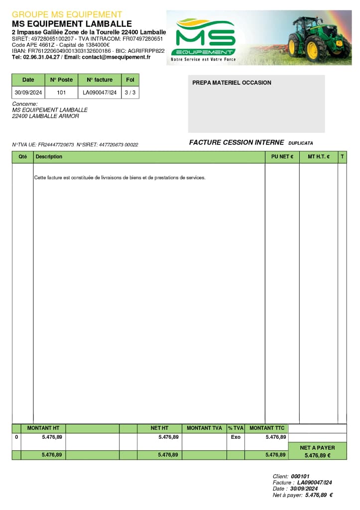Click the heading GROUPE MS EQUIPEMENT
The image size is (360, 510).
[67, 14]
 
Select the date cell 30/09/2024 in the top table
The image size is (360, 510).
[28, 93]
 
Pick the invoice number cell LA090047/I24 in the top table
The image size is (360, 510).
[100, 93]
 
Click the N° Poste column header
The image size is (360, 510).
[61, 80]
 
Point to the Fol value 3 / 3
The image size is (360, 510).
[130, 93]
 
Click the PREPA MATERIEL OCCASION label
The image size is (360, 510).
[232, 83]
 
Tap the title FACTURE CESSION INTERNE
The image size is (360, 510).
[237, 142]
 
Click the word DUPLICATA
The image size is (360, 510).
[301, 143]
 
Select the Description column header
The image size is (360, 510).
[49, 157]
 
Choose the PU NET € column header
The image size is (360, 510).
[282, 157]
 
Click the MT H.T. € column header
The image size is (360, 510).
[319, 157]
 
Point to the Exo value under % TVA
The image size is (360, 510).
[236, 437]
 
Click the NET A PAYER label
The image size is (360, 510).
[317, 448]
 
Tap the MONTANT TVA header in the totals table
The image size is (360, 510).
[204, 428]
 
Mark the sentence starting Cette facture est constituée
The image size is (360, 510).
[120, 178]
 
